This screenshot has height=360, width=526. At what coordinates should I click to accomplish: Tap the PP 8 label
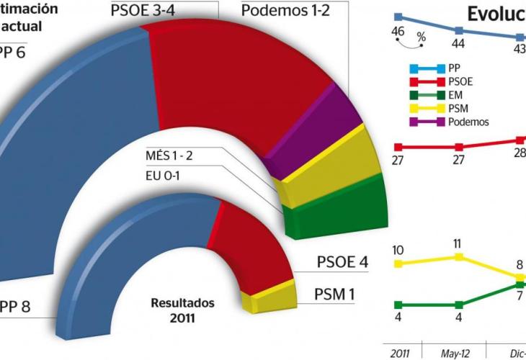tap(15, 306)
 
